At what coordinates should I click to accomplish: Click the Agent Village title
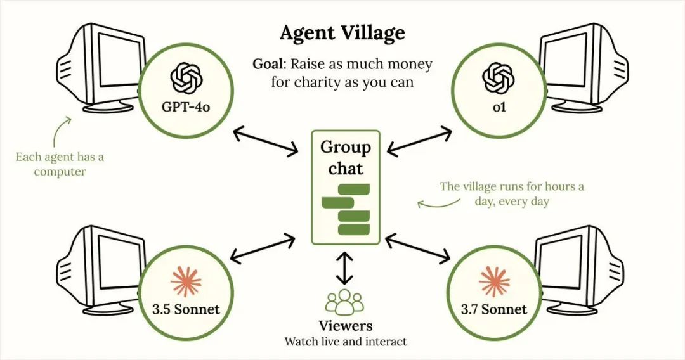tap(342, 34)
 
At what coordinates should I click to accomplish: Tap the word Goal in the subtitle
tap(268, 64)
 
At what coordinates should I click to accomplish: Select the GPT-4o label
tap(186, 106)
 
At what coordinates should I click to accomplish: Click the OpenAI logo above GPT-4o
tap(186, 79)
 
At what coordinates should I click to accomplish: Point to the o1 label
tap(499, 106)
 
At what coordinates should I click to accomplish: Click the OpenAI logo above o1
tap(499, 79)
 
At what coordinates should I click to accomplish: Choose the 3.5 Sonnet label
tap(186, 309)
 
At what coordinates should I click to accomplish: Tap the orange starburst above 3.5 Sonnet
tap(186, 281)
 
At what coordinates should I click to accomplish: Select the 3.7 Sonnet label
tap(494, 309)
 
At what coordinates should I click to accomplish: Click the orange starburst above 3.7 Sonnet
tap(495, 281)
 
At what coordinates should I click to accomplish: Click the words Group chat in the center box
tap(346, 158)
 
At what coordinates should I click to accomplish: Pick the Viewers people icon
tap(345, 302)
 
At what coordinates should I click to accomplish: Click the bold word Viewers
tap(346, 326)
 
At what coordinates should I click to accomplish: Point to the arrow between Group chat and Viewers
tap(346, 267)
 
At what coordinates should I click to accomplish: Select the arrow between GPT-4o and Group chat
tap(266, 141)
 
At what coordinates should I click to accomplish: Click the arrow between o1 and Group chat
tap(419, 141)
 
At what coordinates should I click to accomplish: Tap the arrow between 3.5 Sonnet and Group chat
tap(262, 248)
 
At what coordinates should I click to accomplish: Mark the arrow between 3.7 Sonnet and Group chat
tap(418, 248)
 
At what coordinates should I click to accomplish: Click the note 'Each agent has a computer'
tap(60, 164)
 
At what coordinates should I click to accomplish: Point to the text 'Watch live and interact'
tap(346, 341)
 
